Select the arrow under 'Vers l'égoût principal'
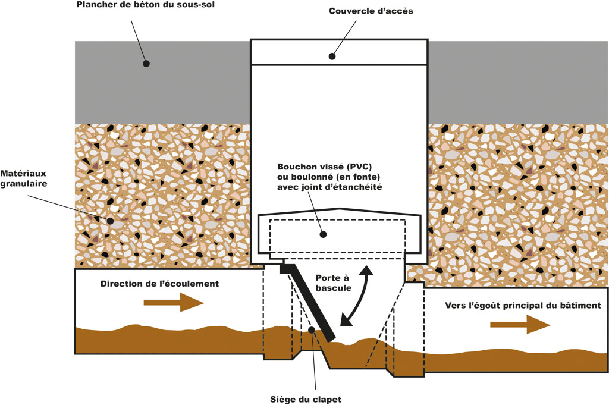(520, 325)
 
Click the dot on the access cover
(332, 56)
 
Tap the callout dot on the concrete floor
(145, 62)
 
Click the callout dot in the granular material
(110, 221)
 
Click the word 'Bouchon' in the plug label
(297, 167)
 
